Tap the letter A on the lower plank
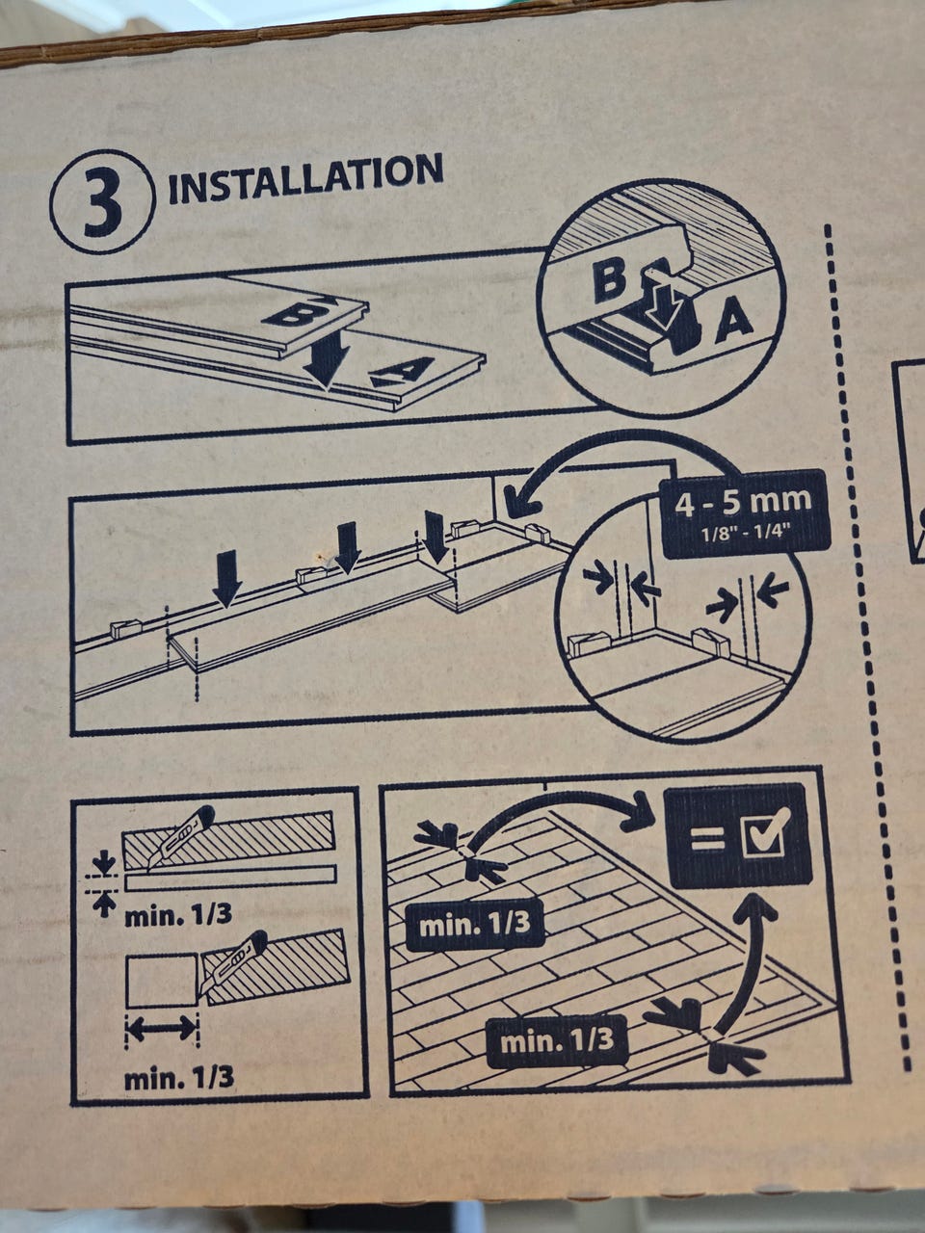(x=403, y=371)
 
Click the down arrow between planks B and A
(x=326, y=357)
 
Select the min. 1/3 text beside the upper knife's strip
(x=178, y=916)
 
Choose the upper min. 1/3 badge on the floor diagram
(x=475, y=925)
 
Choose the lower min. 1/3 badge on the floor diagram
(x=557, y=1041)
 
